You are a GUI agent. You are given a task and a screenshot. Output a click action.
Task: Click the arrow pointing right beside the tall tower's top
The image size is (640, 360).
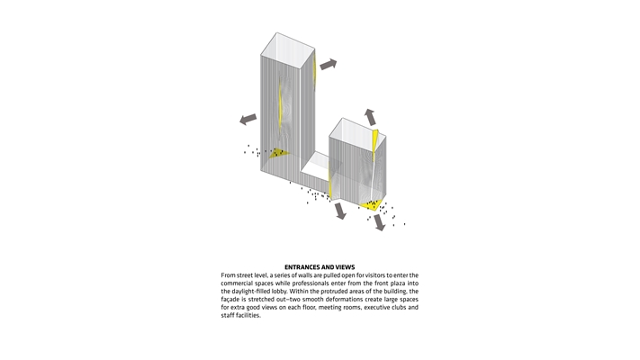tap(328, 64)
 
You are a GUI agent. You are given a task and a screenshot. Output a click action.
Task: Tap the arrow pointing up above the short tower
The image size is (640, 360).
tap(370, 116)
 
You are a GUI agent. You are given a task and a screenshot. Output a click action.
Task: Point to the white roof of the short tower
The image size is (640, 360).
tap(356, 130)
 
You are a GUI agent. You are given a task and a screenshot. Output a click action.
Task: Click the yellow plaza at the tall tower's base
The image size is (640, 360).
tap(278, 153)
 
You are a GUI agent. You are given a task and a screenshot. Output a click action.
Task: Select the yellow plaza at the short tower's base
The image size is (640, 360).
tap(375, 206)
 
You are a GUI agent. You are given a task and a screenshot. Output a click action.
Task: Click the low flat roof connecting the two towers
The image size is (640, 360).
tap(316, 164)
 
